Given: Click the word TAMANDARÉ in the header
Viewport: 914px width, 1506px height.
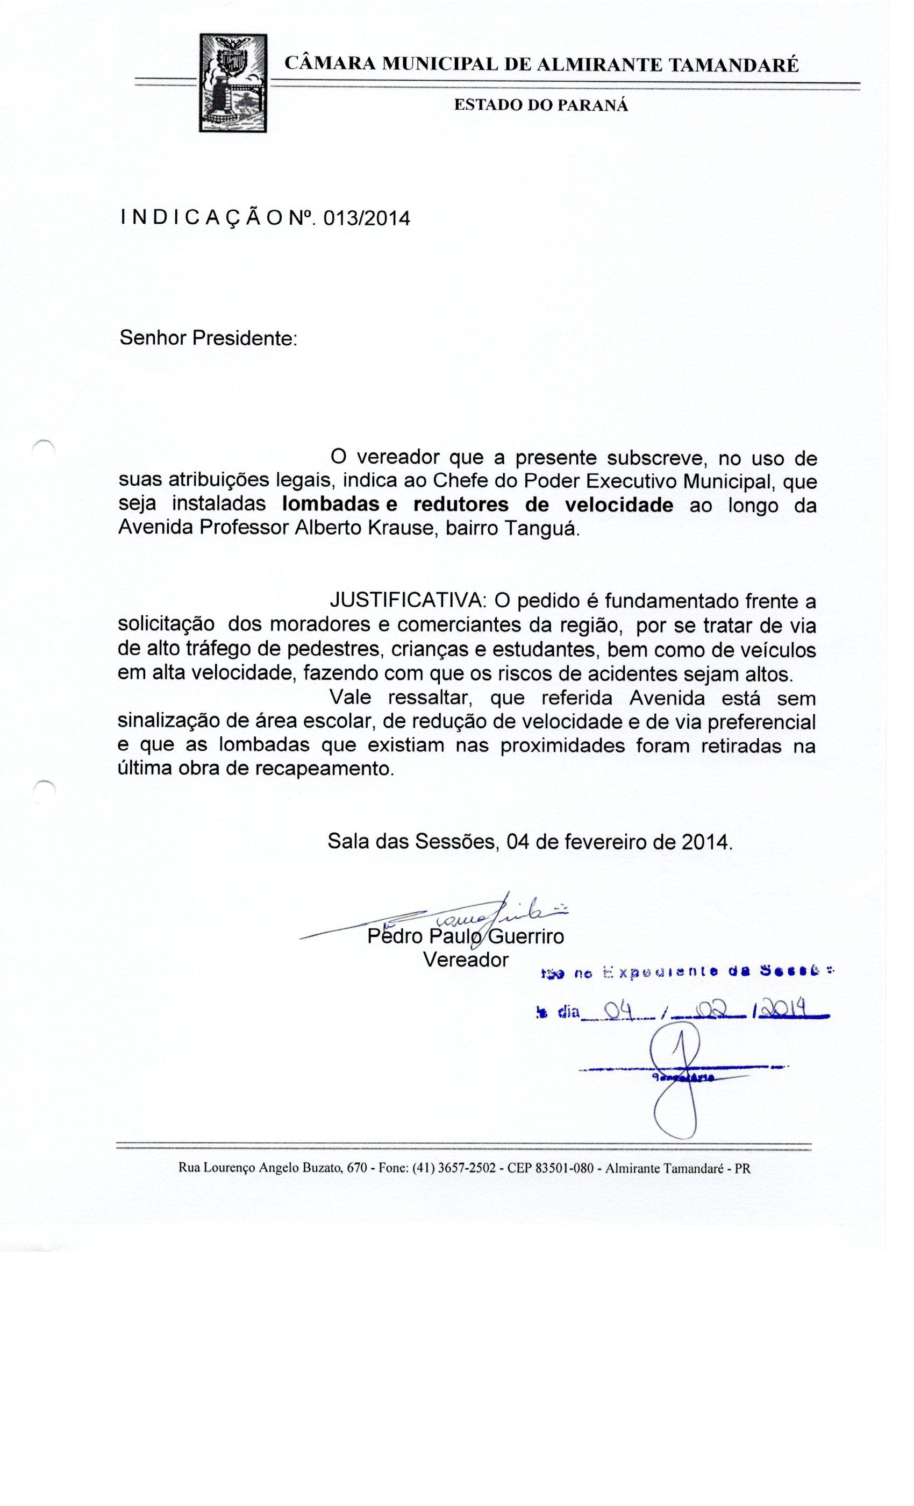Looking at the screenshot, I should [x=734, y=66].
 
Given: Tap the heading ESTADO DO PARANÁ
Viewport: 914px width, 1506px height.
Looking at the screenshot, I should [x=540, y=105].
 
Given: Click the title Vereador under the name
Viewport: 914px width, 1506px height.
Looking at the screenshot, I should [x=465, y=960].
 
